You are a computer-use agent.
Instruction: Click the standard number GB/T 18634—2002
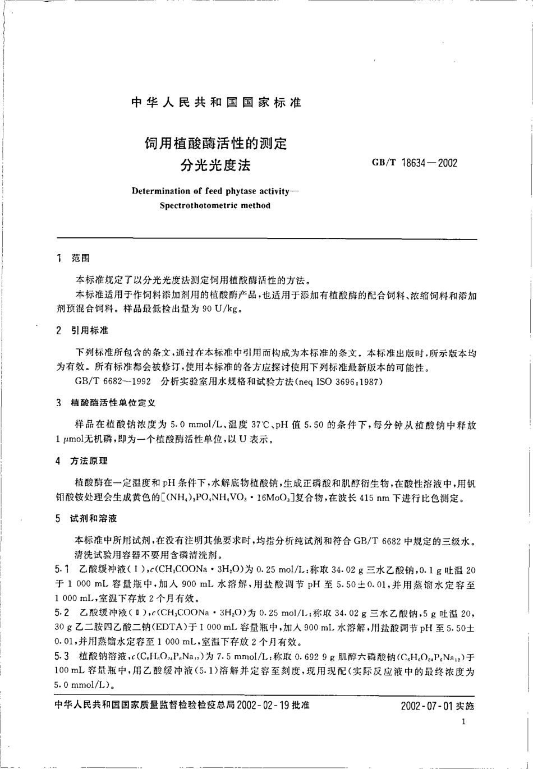(x=414, y=163)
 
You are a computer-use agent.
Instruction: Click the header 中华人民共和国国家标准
(x=216, y=103)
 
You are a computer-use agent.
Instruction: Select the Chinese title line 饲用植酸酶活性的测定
(x=216, y=144)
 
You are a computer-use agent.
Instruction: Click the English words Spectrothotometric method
(x=215, y=205)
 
